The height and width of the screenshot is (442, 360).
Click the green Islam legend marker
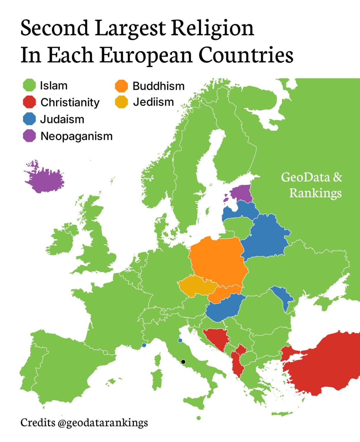pos(29,85)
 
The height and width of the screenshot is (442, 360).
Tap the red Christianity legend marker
pos(29,102)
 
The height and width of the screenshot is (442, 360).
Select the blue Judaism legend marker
pos(29,119)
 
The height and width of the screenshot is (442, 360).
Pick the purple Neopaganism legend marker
pos(29,136)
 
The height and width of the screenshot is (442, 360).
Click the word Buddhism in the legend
pos(158,86)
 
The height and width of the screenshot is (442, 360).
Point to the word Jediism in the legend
pos(153,102)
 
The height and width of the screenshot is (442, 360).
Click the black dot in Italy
pos(183,362)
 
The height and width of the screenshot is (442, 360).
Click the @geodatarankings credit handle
pos(103,422)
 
